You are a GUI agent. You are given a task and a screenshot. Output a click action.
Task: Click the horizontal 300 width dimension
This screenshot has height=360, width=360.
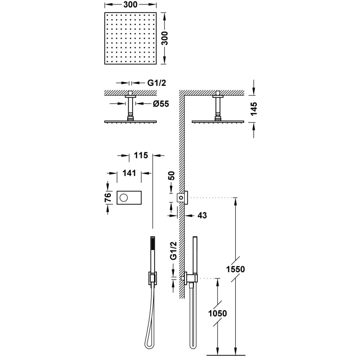tap(131, 5)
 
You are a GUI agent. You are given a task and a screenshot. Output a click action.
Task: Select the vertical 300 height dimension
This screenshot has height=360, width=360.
tap(164, 38)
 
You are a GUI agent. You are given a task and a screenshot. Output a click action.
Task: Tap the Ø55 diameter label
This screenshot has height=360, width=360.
tap(161, 104)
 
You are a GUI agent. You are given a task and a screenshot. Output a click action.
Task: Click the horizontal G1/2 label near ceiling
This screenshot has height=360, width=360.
tap(156, 83)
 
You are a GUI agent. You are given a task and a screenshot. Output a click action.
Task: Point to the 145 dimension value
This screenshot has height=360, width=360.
tap(254, 109)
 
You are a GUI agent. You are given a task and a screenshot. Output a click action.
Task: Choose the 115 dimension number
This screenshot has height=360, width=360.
tap(141, 156)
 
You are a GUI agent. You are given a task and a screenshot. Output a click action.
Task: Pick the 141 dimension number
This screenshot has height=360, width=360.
tap(129, 173)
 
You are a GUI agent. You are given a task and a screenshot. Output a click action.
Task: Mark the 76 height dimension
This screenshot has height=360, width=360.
tap(108, 197)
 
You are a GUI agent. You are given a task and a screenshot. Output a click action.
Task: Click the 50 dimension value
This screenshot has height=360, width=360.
tap(171, 176)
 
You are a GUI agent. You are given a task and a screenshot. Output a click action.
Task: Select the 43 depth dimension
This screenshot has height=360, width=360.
tap(202, 216)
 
